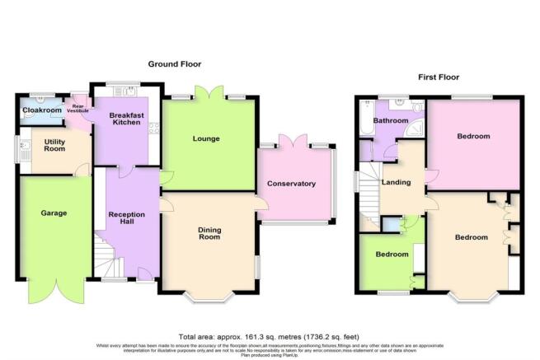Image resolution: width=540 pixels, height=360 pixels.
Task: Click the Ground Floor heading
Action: (x=174, y=63)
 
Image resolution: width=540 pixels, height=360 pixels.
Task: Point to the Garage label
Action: (x=54, y=213)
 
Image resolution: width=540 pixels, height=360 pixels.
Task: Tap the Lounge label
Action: (x=206, y=138)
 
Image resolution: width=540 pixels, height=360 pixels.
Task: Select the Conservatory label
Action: (x=297, y=184)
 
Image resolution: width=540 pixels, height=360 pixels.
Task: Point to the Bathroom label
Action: (x=390, y=121)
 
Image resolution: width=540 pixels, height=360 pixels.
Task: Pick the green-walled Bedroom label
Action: (x=392, y=255)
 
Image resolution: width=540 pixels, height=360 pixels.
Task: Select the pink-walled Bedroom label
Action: (x=474, y=136)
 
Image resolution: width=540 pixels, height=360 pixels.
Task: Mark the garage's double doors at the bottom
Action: (x=53, y=290)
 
